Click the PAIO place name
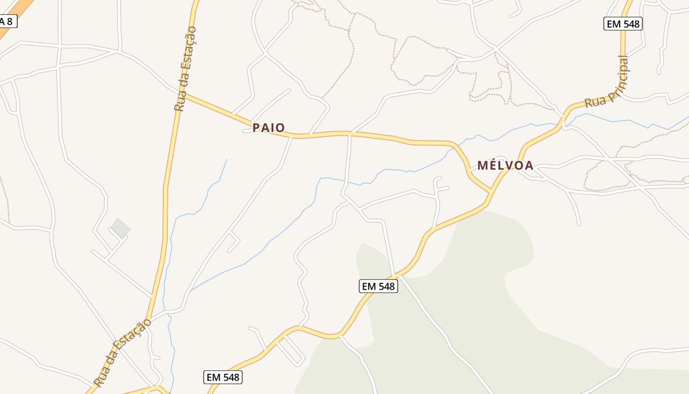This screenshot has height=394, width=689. [x=269, y=128]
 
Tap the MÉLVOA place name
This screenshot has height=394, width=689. [x=505, y=165]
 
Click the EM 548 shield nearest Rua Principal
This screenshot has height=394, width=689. [x=623, y=24]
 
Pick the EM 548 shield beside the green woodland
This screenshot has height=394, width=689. [x=378, y=286]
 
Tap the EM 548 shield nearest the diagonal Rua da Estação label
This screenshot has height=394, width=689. [x=223, y=377]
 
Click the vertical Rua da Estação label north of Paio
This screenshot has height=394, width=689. [x=186, y=69]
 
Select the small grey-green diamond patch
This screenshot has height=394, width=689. [x=120, y=228]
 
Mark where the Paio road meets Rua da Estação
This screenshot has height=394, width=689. [x=185, y=95]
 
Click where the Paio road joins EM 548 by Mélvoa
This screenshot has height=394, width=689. [x=491, y=191]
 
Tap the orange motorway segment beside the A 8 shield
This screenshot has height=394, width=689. [x=22, y=9]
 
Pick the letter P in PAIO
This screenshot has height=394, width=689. [x=256, y=128]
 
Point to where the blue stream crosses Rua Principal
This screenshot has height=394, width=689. [x=564, y=124]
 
